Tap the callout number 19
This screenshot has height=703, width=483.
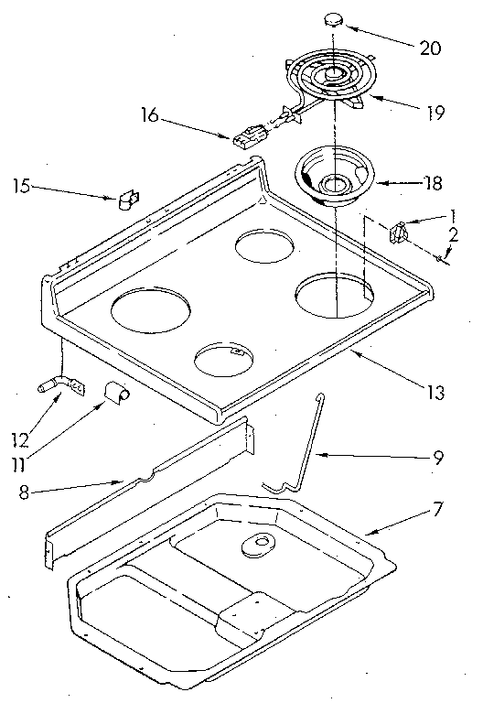point(435,114)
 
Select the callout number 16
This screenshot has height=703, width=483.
point(151,115)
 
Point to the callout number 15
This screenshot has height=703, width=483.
point(25,188)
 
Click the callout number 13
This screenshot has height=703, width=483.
point(435,394)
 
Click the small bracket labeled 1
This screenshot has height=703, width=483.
point(399,232)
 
